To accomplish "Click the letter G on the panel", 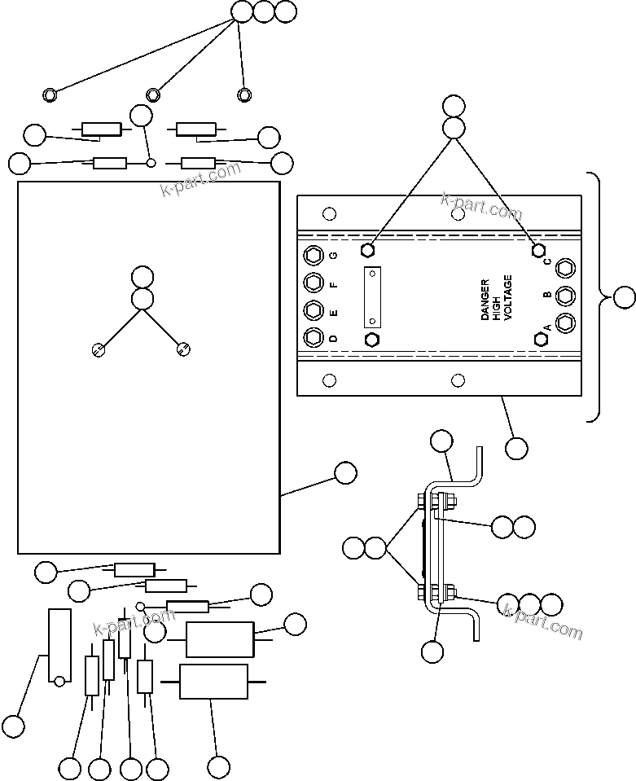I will [333, 256].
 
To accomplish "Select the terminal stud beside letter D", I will [312, 337].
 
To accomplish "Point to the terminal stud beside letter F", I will [312, 283].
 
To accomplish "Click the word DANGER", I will [485, 300].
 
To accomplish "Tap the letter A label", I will [547, 327].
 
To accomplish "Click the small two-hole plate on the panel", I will [372, 296].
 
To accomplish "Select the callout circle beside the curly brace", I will [624, 298].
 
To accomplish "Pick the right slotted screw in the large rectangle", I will [183, 350].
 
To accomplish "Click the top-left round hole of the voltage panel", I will [329, 215].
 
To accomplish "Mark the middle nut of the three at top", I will [152, 95].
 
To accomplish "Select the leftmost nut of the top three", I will [50, 95].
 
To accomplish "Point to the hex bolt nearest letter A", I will [539, 338].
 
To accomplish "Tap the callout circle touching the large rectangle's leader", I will [345, 473].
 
